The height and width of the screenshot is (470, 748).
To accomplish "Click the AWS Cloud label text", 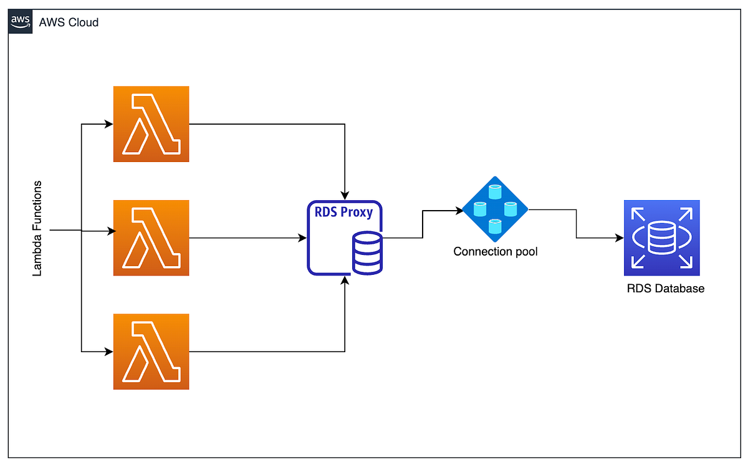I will [x=69, y=22].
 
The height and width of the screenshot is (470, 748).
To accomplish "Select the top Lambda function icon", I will [x=151, y=124].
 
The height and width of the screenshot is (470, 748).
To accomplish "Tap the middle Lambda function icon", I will [x=151, y=237].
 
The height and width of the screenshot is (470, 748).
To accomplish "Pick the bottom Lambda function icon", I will [x=151, y=352].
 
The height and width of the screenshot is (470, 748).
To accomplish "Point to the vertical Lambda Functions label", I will [x=37, y=229].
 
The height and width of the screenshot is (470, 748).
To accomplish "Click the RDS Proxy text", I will [x=344, y=212].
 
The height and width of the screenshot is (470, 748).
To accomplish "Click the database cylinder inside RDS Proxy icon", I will [x=367, y=253].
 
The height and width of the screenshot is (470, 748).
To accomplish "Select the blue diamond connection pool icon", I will [x=495, y=209].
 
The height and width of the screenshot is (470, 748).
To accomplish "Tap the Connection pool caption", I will [x=495, y=252].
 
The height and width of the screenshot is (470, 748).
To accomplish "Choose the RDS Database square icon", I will [x=661, y=237].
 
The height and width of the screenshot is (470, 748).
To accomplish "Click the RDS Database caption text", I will [x=665, y=289].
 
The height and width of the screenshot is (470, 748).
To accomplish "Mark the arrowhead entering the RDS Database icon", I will [x=620, y=237].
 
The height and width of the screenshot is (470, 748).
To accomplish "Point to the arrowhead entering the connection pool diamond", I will [x=460, y=211].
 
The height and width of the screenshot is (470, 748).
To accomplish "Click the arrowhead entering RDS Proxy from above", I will [x=345, y=194].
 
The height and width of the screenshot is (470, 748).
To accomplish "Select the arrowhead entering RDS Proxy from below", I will [x=345, y=281].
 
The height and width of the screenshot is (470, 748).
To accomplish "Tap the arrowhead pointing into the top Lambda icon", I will [x=109, y=124].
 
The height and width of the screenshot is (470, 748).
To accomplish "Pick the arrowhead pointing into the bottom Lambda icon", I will [x=109, y=352].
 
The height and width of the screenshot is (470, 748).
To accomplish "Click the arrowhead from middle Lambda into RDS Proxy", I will [x=303, y=237].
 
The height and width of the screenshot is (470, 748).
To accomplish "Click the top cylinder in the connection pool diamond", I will [x=495, y=189].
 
